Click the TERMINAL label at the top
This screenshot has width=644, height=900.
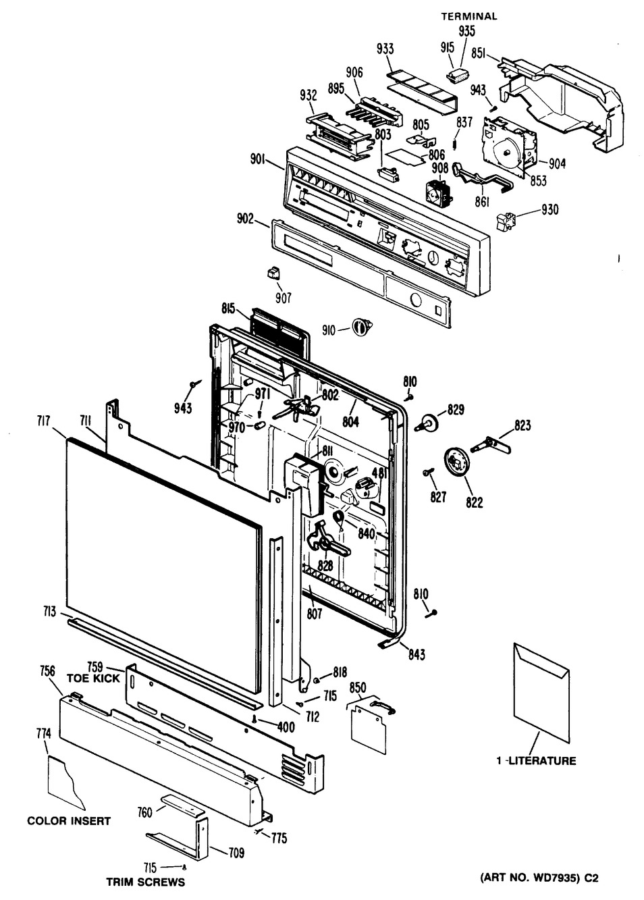click(469, 16)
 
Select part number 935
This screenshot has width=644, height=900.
click(466, 30)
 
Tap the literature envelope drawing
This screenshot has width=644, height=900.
click(540, 692)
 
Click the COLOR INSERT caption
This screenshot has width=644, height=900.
click(69, 821)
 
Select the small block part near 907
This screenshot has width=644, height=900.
click(273, 272)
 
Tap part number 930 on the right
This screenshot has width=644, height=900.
click(549, 210)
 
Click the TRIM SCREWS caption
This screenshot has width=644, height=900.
click(145, 882)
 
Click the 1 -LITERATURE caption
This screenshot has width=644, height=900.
click(536, 761)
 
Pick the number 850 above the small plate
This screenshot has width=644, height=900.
click(358, 687)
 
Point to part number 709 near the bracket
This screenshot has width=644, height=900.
click(236, 852)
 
